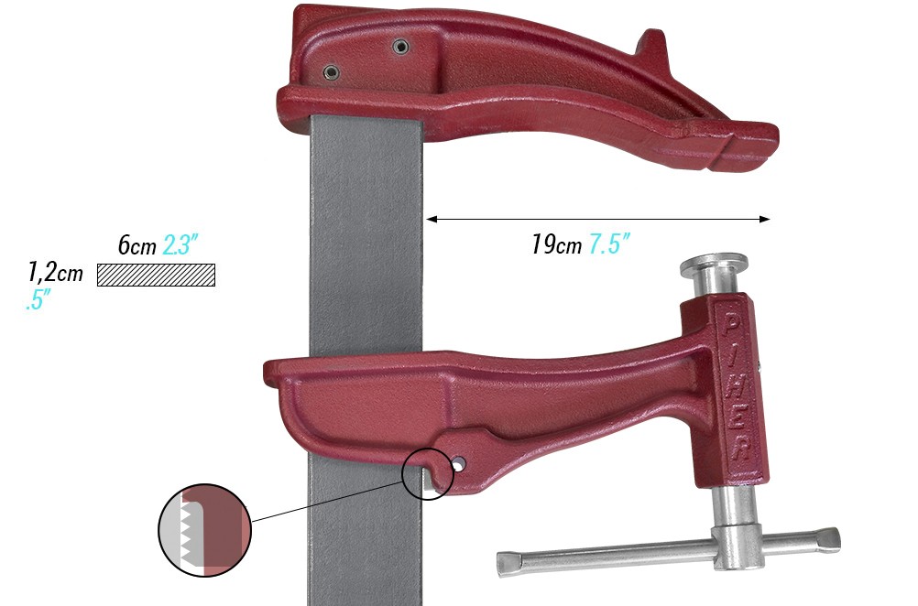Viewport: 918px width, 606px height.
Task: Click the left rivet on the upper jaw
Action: click(x=331, y=70)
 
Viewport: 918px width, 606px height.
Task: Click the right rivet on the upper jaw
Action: click(x=399, y=46)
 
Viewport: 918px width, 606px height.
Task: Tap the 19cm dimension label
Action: click(x=556, y=245)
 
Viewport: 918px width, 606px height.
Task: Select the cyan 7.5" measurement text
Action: click(x=609, y=245)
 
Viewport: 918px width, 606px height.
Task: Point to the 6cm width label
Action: click(x=137, y=245)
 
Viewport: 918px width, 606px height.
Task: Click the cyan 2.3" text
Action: click(x=181, y=245)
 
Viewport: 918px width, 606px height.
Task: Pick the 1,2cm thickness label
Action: click(x=55, y=273)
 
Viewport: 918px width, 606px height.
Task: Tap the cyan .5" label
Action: click(x=38, y=299)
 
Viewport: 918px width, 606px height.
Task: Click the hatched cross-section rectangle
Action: click(x=156, y=275)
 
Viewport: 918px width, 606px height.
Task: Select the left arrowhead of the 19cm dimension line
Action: click(x=432, y=219)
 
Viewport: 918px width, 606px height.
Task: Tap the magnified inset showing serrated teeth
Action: click(x=204, y=530)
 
